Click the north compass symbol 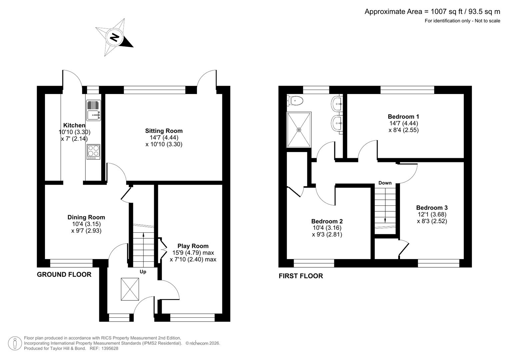click(115, 37)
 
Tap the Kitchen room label click(74, 125)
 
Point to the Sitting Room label click(164, 131)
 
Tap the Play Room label click(193, 246)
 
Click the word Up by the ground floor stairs click(143, 272)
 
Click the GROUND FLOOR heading click(64, 275)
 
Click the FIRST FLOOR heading click(301, 276)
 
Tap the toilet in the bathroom click(295, 100)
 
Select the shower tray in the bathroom click(299, 130)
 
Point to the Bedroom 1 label click(403, 117)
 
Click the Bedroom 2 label click(327, 221)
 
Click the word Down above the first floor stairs click(385, 183)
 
